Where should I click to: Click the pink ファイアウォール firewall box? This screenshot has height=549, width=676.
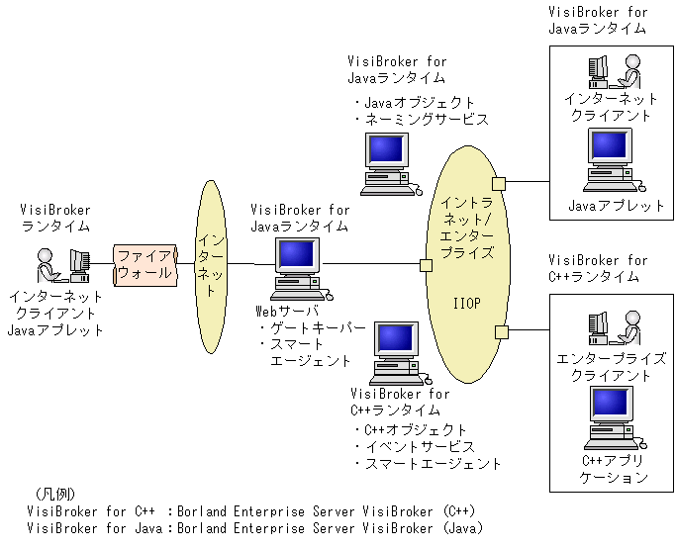click(x=145, y=265)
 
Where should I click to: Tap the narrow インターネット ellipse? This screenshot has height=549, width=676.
click(x=211, y=267)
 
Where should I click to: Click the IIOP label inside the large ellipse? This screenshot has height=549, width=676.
click(x=466, y=304)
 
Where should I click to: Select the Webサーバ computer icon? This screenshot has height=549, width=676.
click(x=301, y=269)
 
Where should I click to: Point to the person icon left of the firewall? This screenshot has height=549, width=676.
click(x=48, y=265)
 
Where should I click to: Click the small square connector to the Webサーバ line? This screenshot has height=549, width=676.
click(x=426, y=265)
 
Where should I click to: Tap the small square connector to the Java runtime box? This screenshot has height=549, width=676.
click(x=499, y=184)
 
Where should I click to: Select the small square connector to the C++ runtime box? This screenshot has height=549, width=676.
click(x=502, y=332)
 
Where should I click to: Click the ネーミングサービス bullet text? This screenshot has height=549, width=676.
click(x=423, y=120)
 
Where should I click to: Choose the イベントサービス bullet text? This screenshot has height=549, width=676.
click(x=415, y=447)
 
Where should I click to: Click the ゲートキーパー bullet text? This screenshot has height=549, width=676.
click(x=313, y=328)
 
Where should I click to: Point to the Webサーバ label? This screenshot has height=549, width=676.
click(x=287, y=311)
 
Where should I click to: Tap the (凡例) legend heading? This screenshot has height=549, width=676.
click(x=54, y=494)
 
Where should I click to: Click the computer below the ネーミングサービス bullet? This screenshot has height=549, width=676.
click(x=391, y=164)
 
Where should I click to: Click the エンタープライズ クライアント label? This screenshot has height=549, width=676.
click(x=611, y=367)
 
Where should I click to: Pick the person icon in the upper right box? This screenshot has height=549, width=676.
click(x=629, y=71)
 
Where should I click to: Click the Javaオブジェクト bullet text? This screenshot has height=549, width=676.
click(x=415, y=103)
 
